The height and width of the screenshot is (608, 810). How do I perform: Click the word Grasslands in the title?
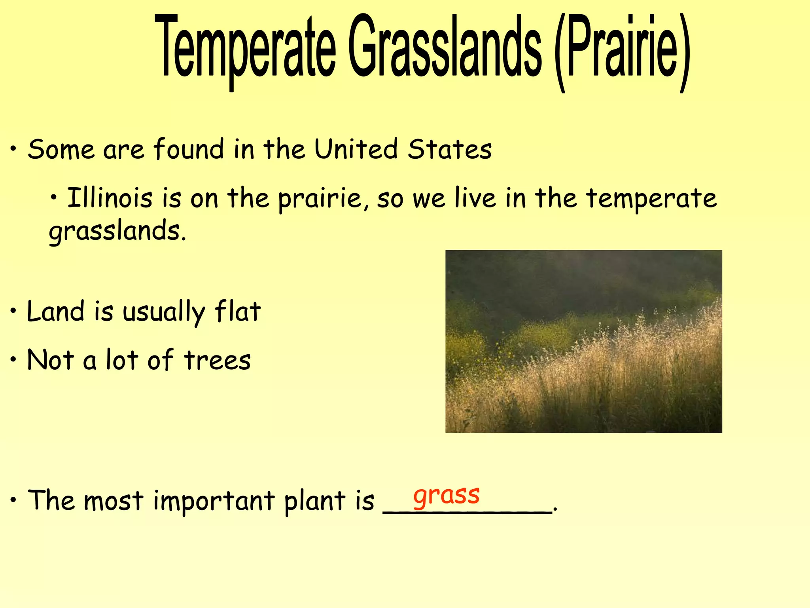point(445,47)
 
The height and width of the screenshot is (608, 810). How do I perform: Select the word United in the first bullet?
point(356,149)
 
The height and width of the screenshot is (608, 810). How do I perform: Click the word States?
point(450,149)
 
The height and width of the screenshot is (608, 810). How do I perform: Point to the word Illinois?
point(110,198)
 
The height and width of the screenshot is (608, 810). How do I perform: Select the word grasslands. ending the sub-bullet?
point(117,232)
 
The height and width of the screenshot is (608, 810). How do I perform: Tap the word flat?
point(237,311)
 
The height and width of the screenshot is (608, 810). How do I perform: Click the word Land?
point(55,311)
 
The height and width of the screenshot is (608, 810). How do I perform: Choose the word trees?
point(217,360)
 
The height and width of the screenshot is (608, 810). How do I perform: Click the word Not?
point(50,360)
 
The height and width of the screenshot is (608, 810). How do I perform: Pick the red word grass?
point(446,495)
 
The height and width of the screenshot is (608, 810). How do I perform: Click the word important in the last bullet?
point(214,501)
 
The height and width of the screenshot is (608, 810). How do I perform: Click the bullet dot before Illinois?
point(55,197)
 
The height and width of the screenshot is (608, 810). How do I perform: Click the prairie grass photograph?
point(583,341)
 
